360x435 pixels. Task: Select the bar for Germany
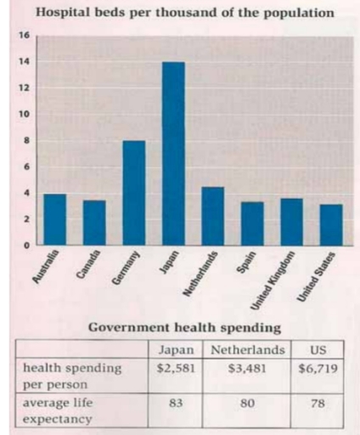(x=134, y=193)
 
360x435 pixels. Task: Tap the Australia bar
(x=55, y=219)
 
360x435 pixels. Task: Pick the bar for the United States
(x=331, y=224)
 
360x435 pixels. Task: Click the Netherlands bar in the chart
(x=213, y=216)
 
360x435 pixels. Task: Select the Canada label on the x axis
(x=92, y=265)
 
